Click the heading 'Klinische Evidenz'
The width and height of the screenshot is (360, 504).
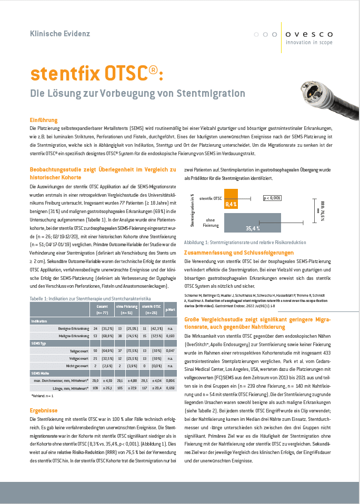60,34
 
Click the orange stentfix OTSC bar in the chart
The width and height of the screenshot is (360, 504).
231,199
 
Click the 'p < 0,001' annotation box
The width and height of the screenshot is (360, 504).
272,198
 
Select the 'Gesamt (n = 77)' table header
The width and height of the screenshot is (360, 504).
102,310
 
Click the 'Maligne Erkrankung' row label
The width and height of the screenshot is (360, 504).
74,335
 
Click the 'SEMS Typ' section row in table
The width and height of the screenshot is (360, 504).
39,342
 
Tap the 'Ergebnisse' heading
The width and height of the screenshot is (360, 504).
44,410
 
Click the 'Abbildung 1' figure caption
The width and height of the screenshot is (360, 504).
245,243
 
